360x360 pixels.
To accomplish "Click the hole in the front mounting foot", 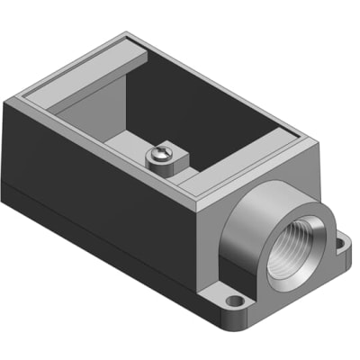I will (235, 301).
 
